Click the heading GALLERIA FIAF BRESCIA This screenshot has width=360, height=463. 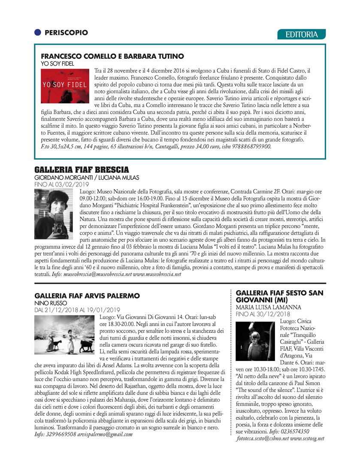82,170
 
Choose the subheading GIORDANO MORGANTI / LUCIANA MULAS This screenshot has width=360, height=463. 87,178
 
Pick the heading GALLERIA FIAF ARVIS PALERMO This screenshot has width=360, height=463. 87,296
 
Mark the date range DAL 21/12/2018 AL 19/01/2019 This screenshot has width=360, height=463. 77,310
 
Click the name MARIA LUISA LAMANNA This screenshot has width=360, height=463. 269,307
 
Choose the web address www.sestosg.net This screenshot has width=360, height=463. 307,438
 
